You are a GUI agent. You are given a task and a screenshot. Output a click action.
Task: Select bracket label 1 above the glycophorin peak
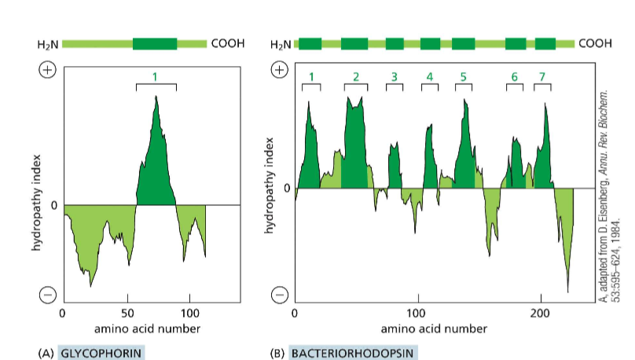(x=155, y=76)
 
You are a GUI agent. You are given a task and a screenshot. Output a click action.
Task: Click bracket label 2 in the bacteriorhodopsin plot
(x=355, y=76)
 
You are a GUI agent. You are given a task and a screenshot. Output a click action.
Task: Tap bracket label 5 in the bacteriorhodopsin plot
(x=463, y=76)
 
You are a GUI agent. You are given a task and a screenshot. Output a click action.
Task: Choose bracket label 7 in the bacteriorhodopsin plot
(x=541, y=76)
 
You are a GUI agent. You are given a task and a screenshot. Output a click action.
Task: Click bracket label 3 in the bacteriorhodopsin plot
(x=394, y=76)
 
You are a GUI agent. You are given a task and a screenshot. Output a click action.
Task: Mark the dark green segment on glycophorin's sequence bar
(x=155, y=43)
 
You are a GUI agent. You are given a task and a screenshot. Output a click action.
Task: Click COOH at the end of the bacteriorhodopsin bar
(x=595, y=43)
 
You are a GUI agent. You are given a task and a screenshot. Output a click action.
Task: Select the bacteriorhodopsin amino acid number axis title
(x=419, y=329)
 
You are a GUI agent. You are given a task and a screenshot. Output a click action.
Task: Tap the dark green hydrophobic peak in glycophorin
(x=156, y=165)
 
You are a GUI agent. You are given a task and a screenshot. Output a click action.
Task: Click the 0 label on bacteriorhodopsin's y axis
(x=287, y=189)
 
